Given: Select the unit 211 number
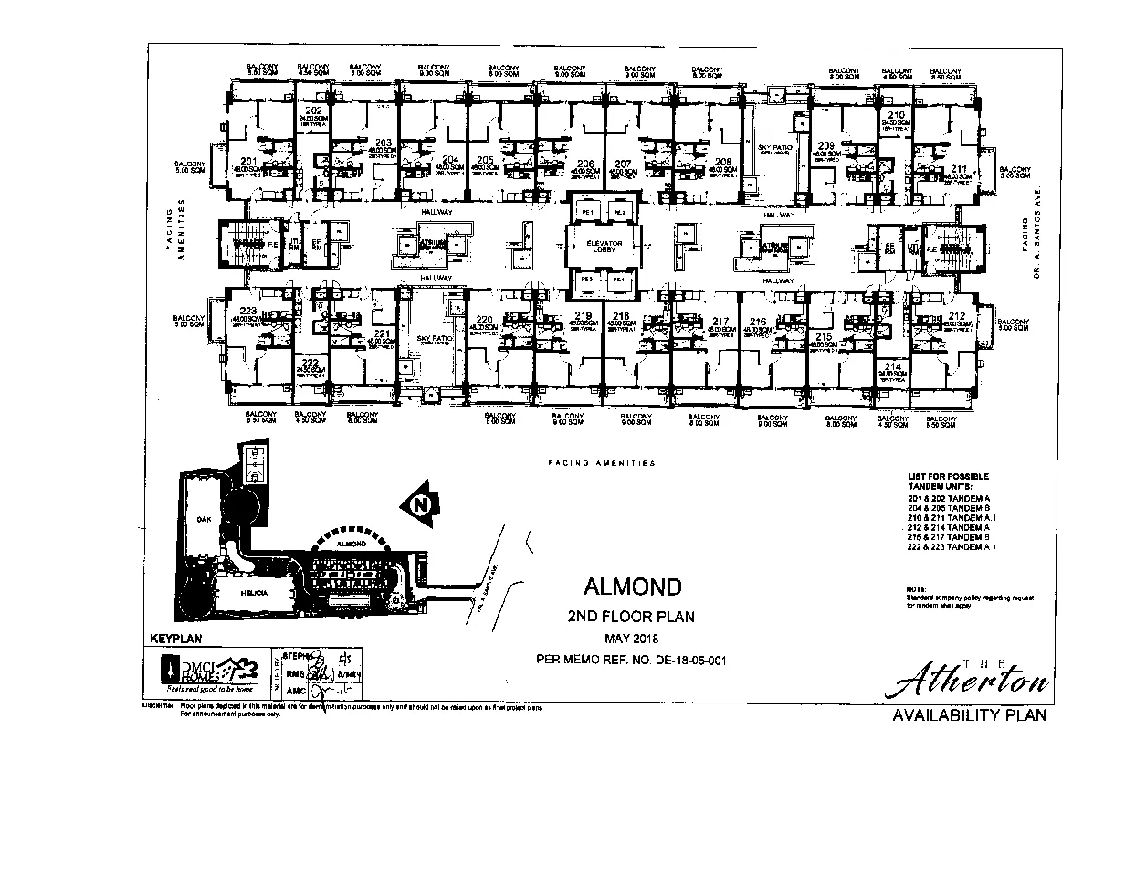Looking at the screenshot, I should [958, 168].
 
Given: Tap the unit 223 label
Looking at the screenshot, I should [247, 311].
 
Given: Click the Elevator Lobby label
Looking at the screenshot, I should [604, 245].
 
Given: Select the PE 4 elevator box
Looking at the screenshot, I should [619, 279].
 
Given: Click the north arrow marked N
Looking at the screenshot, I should [420, 503].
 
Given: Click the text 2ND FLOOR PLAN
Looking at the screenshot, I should [631, 617].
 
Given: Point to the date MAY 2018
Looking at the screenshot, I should [631, 638].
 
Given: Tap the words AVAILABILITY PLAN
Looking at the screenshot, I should [969, 715].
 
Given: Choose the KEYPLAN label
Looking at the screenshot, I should [173, 640].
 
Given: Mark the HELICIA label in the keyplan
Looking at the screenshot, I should [254, 593].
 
